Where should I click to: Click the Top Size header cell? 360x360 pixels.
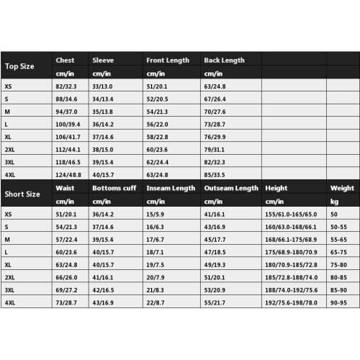[19, 66]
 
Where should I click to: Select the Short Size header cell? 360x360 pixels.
[22, 194]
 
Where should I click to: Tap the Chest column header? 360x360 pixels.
[65, 60]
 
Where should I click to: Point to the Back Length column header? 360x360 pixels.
[224, 60]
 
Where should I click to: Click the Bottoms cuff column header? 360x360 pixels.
[114, 188]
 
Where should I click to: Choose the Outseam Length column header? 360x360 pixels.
[230, 188]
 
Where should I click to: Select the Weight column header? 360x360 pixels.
[342, 188]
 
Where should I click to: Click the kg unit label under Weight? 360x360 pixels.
[334, 201]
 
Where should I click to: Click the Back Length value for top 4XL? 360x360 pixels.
[216, 174]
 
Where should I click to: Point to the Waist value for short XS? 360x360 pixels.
[68, 214]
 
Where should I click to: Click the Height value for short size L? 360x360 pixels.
[291, 253]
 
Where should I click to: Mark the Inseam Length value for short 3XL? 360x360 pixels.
[156, 290]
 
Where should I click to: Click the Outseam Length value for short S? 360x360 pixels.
[215, 227]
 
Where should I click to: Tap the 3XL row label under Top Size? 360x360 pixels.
[10, 162]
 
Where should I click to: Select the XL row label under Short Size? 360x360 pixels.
[8, 265]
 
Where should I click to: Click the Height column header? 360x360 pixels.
[276, 188]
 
